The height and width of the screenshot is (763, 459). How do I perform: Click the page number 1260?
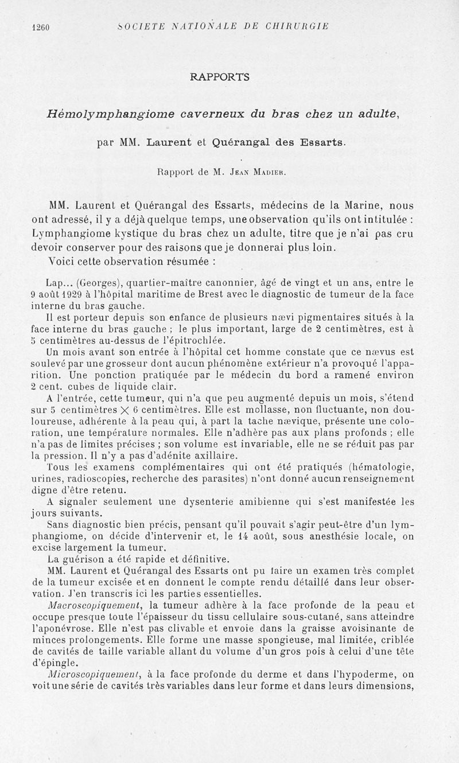(42, 27)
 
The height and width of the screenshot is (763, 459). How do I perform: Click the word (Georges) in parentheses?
(99, 282)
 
